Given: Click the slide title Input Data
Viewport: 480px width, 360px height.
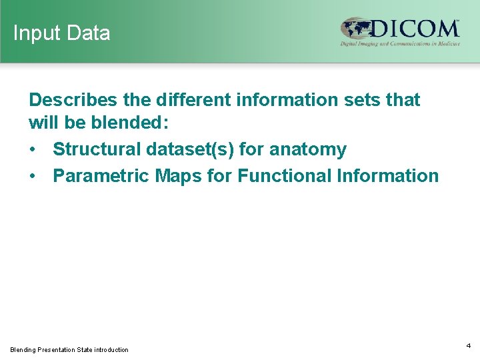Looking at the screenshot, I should tap(61, 33).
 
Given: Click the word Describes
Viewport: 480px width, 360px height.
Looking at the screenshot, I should tap(70, 100).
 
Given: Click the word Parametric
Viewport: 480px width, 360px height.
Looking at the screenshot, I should tap(101, 176).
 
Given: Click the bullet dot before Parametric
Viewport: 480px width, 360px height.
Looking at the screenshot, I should tap(33, 177).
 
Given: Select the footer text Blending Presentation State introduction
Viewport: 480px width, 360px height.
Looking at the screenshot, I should tap(69, 349).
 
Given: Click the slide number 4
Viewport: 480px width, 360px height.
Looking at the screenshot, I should tap(469, 345).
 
